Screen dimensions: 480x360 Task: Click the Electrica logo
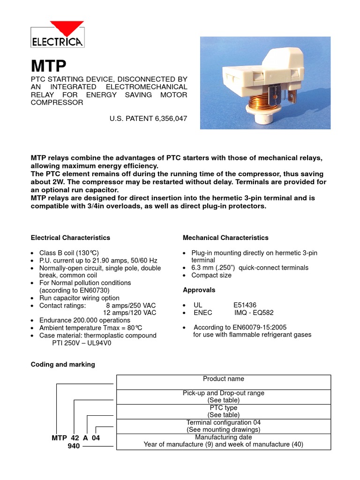click(x=57, y=35)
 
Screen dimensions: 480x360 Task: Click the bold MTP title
click(x=49, y=65)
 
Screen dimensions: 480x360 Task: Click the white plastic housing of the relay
click(x=262, y=75)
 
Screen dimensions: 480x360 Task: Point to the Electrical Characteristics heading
click(x=70, y=238)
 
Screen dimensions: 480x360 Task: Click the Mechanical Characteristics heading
click(x=225, y=238)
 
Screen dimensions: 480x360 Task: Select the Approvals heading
click(x=199, y=290)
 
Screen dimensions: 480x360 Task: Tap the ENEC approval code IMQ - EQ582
click(x=254, y=313)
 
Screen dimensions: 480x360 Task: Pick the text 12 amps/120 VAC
click(x=129, y=313)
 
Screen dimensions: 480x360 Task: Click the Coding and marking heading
click(x=62, y=364)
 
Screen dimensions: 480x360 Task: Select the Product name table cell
click(x=223, y=379)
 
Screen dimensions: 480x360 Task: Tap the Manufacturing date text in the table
click(x=223, y=437)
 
